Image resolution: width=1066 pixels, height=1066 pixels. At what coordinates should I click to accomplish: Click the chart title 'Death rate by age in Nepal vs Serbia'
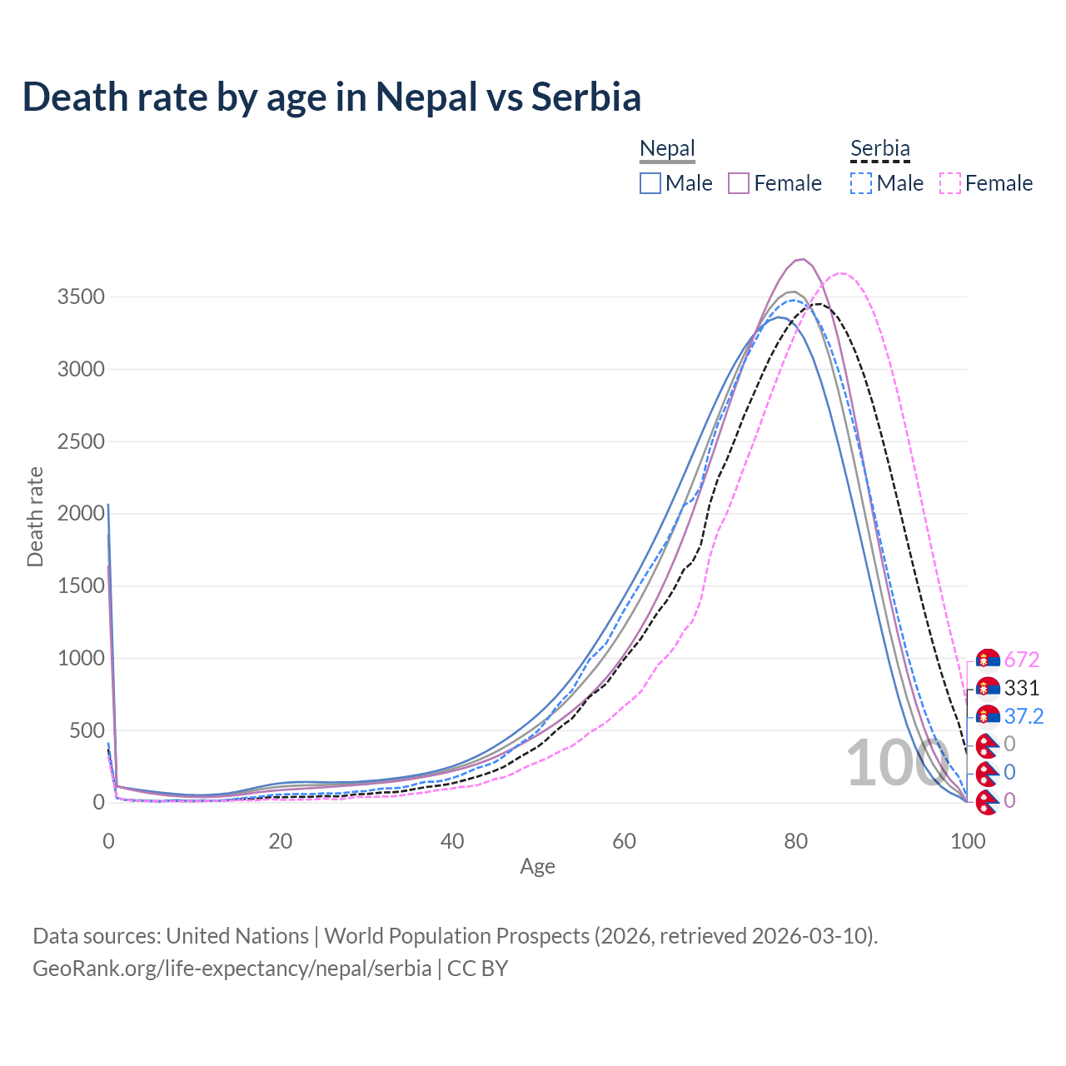[x=331, y=97]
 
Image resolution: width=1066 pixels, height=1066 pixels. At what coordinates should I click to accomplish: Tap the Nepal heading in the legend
[x=667, y=149]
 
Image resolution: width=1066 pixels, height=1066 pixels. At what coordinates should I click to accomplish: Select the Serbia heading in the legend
[x=879, y=149]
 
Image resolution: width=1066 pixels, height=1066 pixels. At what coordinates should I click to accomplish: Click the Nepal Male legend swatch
[x=650, y=183]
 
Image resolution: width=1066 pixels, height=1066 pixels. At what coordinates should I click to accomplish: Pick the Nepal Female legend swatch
[x=739, y=183]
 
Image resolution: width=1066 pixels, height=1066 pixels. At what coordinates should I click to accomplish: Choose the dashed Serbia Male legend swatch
[x=861, y=183]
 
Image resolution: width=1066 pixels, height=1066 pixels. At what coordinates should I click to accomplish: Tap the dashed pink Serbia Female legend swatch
[x=949, y=183]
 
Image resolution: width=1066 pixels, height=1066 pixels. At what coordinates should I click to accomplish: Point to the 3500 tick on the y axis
[x=81, y=297]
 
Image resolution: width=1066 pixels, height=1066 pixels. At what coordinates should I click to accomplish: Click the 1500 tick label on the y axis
[x=81, y=586]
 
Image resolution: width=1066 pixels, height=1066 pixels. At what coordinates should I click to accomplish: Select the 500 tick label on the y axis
[x=87, y=731]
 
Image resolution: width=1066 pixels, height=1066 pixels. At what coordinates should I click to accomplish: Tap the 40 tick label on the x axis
[x=452, y=841]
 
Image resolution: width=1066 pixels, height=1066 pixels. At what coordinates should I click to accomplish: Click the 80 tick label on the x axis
[x=796, y=841]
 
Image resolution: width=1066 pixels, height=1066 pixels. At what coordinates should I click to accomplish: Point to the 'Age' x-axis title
[x=537, y=866]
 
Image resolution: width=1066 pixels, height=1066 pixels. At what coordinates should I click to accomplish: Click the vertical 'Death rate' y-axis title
[x=35, y=516]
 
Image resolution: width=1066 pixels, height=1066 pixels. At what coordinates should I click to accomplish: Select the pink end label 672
[x=1022, y=660]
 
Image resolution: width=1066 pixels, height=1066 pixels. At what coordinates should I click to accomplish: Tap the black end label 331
[x=1022, y=688]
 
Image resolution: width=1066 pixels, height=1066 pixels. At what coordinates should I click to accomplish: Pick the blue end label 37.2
[x=1024, y=716]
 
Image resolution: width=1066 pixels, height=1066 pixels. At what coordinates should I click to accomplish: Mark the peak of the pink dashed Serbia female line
[x=841, y=273]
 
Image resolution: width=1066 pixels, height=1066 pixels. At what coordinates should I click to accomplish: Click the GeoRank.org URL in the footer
[x=232, y=969]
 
